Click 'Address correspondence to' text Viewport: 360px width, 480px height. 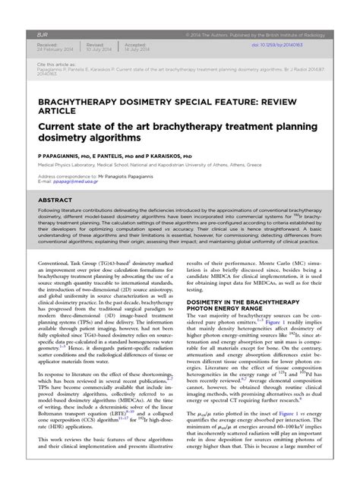click(x=68, y=176)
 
